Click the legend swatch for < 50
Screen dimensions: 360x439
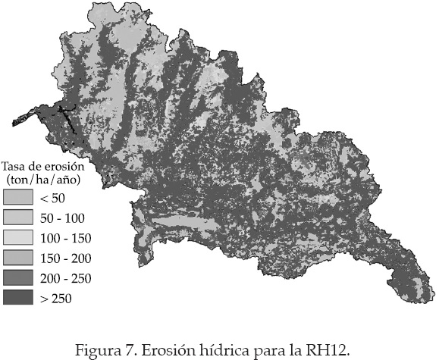pyautogui.click(x=17, y=199)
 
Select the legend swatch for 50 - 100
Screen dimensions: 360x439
pyautogui.click(x=17, y=218)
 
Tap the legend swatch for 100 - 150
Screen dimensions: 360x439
pyautogui.click(x=17, y=238)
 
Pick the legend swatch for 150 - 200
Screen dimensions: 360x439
pyautogui.click(x=17, y=258)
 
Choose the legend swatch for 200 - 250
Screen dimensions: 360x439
pyautogui.click(x=17, y=278)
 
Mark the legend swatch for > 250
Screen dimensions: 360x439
pyautogui.click(x=17, y=298)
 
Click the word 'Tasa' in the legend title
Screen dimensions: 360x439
pyautogui.click(x=15, y=165)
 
